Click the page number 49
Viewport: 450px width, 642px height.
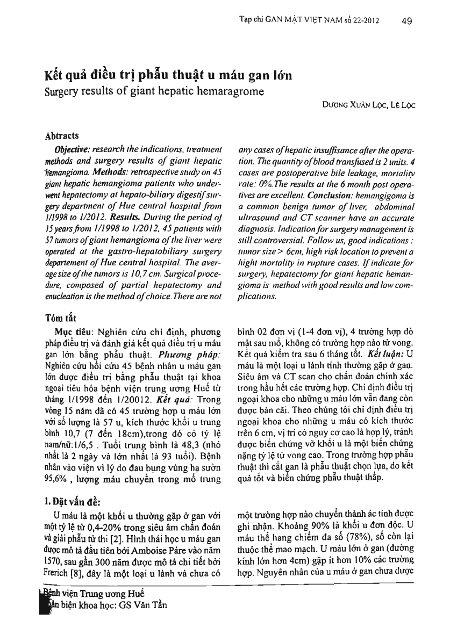[x=407, y=21]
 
